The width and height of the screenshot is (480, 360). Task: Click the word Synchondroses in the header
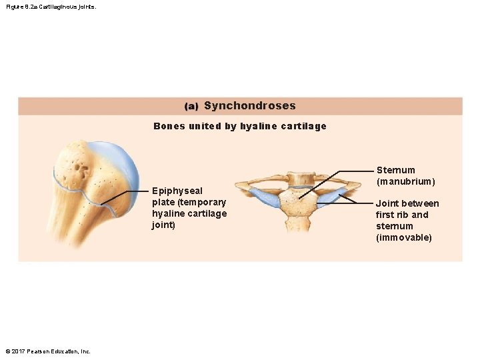click(x=249, y=106)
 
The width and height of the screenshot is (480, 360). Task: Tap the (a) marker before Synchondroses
click(x=191, y=107)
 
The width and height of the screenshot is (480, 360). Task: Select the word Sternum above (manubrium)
click(x=395, y=170)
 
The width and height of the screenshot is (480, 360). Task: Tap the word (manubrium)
click(x=406, y=181)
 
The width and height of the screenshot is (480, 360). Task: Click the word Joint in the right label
click(x=387, y=203)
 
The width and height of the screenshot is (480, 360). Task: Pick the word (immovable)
click(x=404, y=237)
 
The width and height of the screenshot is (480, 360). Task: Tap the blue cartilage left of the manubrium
click(x=265, y=197)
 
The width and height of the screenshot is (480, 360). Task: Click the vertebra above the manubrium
click(x=299, y=178)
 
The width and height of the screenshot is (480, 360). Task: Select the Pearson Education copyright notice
click(x=48, y=351)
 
